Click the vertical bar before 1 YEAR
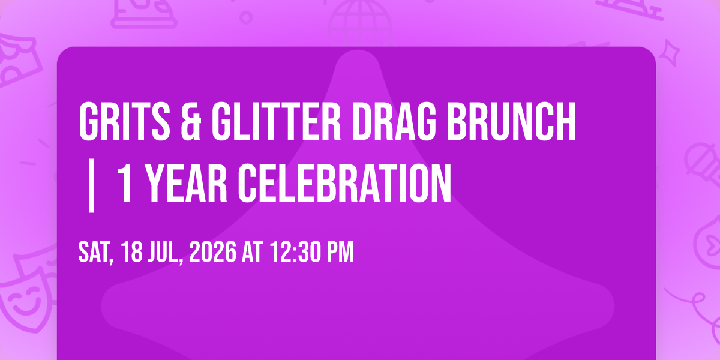click(x=92, y=185)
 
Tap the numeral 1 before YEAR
click(x=125, y=183)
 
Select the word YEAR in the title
click(x=187, y=183)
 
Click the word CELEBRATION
click(x=344, y=183)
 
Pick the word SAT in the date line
click(x=94, y=252)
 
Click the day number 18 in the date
click(x=132, y=251)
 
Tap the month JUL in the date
click(x=164, y=252)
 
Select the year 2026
click(x=212, y=251)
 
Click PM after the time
click(x=340, y=251)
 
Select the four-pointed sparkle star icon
click(x=670, y=53)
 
